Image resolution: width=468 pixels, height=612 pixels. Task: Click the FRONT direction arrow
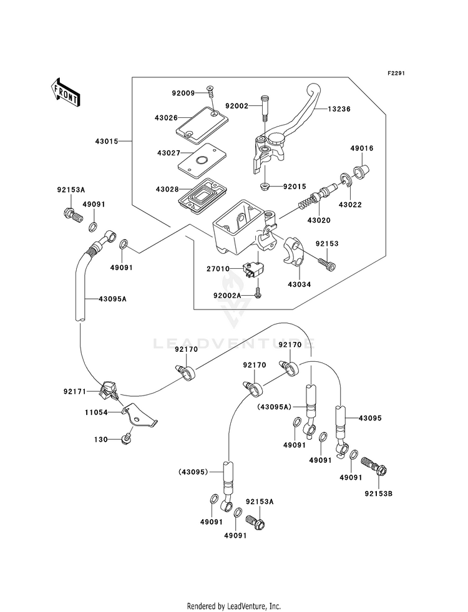tap(65, 92)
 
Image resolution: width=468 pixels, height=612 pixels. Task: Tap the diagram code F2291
tap(396, 74)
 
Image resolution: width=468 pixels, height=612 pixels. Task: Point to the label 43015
tap(107, 141)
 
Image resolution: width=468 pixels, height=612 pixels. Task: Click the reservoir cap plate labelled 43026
tap(200, 122)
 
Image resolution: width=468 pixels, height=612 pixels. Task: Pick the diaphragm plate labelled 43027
tap(201, 157)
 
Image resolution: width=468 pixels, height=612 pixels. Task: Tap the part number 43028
tap(167, 189)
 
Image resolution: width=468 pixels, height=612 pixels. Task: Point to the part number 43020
tap(318, 220)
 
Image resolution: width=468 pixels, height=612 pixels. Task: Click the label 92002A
tap(227, 296)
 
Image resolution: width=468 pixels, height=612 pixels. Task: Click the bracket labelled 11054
tap(139, 417)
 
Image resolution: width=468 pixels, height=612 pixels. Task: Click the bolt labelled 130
tap(125, 440)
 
